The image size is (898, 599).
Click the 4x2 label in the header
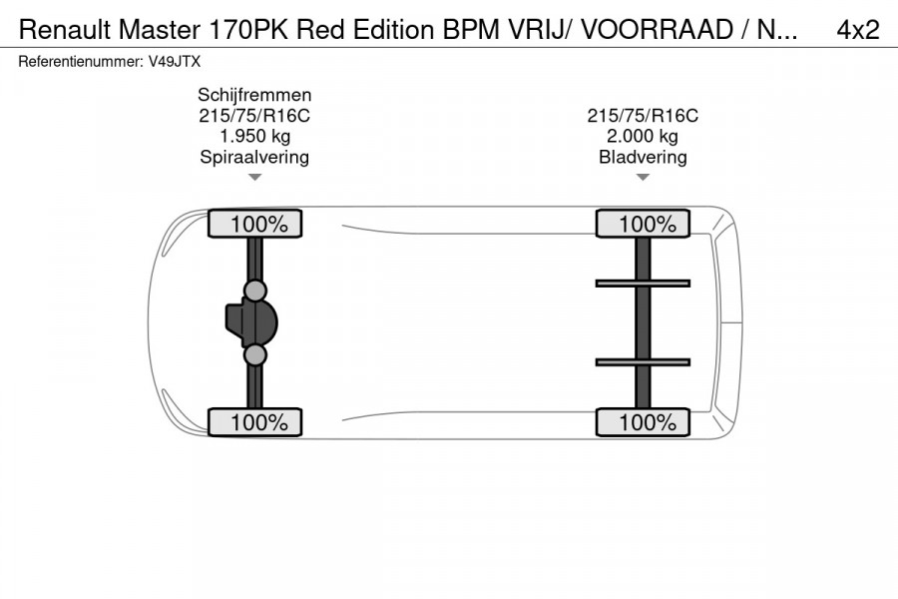pos(858,30)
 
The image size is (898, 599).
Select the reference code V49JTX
pos(174,61)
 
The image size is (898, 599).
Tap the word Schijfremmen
pos(254,95)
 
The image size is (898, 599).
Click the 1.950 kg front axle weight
pos(254,136)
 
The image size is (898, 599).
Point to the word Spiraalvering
pos(254,157)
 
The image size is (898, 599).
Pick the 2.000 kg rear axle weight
pos(643,136)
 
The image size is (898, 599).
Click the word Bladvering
pos(643,157)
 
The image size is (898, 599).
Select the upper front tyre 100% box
pos(254,225)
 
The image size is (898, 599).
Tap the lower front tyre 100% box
pos(254,422)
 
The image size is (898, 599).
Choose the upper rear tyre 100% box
pos(643,225)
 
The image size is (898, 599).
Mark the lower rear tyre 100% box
pos(643,422)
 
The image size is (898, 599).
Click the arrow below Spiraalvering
pos(254,178)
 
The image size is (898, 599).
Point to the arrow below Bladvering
pos(643,178)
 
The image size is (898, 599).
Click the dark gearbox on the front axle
pos(239,322)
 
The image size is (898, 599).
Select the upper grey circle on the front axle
pos(255,291)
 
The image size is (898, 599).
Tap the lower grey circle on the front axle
pos(255,354)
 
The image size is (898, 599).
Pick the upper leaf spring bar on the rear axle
pos(643,284)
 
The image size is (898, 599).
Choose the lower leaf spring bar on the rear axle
pos(643,361)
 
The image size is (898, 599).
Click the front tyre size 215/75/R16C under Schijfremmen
pos(254,116)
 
